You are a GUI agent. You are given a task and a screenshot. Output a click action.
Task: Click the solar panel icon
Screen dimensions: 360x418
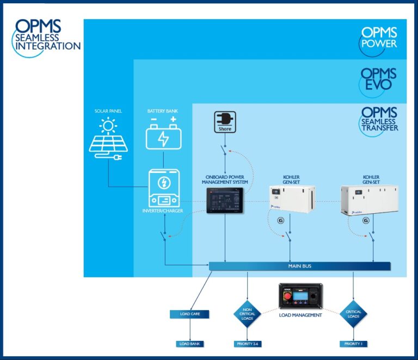[108, 139]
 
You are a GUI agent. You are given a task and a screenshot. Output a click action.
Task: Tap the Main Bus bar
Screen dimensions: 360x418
[300, 266]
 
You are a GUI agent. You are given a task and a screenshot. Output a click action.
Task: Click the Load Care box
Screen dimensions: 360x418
[190, 314]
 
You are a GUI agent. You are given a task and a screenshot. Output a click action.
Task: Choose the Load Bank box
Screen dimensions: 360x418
[190, 344]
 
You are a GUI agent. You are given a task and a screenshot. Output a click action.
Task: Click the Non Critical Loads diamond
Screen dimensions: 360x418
[248, 314]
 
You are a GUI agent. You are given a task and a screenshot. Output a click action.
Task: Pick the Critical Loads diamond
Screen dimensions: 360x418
[354, 314]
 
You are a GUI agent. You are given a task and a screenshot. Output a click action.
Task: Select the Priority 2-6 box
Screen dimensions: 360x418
[248, 344]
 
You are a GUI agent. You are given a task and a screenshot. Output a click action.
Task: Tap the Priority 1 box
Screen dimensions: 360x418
[354, 344]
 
